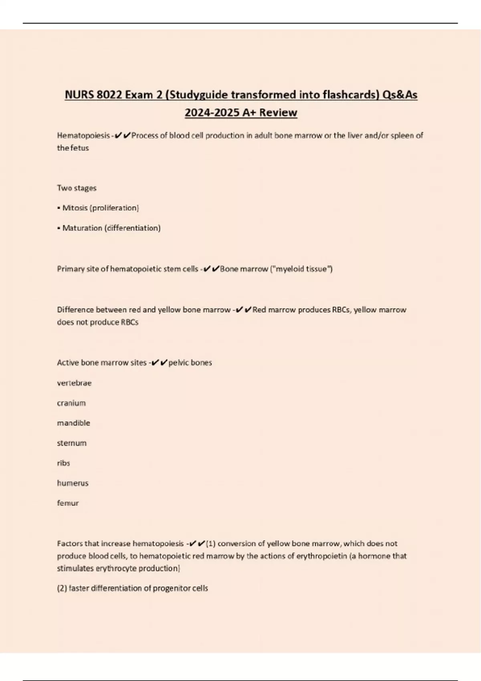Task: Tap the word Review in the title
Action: (x=278, y=113)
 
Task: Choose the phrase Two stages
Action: (x=77, y=188)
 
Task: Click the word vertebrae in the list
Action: (x=74, y=383)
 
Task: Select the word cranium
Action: (x=71, y=403)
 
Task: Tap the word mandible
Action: (x=73, y=423)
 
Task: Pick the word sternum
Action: (x=72, y=443)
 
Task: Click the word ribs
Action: (x=63, y=463)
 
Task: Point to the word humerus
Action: (x=73, y=483)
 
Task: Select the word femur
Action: (x=68, y=503)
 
